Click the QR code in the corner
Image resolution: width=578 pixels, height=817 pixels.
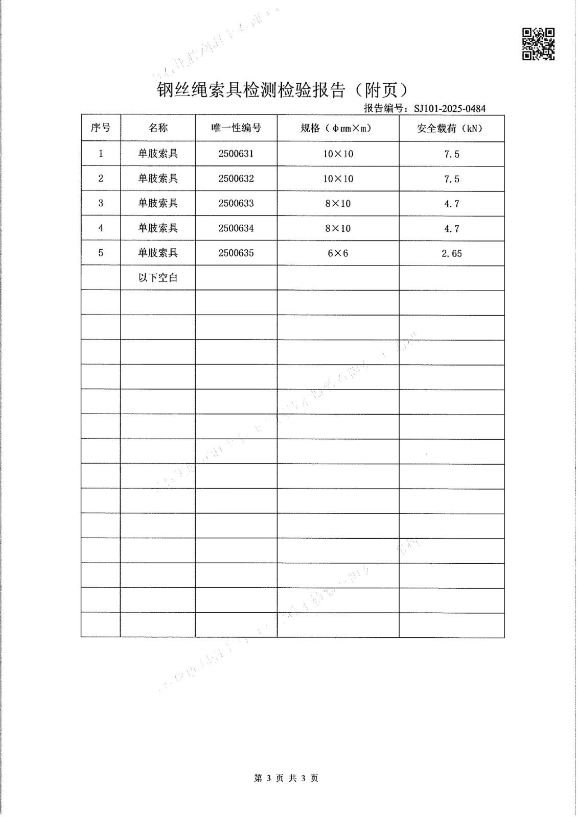pyautogui.click(x=538, y=44)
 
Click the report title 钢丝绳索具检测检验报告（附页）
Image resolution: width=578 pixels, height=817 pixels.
pyautogui.click(x=282, y=90)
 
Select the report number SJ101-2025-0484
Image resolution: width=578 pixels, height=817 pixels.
pyautogui.click(x=449, y=108)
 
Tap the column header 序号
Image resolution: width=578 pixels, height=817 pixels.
pyautogui.click(x=101, y=128)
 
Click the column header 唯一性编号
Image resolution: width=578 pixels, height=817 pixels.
pyautogui.click(x=236, y=128)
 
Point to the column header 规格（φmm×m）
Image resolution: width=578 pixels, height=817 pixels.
pyautogui.click(x=338, y=128)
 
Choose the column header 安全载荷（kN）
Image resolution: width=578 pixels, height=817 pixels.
pyautogui.click(x=451, y=128)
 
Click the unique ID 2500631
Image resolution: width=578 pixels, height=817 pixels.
pyautogui.click(x=236, y=153)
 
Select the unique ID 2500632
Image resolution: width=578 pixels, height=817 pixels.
pyautogui.click(x=236, y=178)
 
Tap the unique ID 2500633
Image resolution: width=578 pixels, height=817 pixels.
pyautogui.click(x=236, y=203)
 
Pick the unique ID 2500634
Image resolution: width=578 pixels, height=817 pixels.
pyautogui.click(x=236, y=228)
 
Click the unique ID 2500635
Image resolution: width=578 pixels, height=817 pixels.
pyautogui.click(x=236, y=253)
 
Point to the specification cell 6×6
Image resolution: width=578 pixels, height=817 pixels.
pyautogui.click(x=338, y=253)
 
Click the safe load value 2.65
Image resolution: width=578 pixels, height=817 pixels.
pyautogui.click(x=451, y=253)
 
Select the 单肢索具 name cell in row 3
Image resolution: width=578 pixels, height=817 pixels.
pyautogui.click(x=158, y=203)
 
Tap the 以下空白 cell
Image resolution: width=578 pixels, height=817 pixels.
pyautogui.click(x=158, y=278)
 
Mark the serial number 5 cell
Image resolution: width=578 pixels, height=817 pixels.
pyautogui.click(x=101, y=252)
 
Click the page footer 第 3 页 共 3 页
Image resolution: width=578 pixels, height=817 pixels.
pyautogui.click(x=286, y=778)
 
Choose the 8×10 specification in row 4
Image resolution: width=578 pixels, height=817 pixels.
pyautogui.click(x=338, y=228)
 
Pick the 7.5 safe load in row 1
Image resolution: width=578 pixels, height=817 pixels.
pyautogui.click(x=451, y=154)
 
